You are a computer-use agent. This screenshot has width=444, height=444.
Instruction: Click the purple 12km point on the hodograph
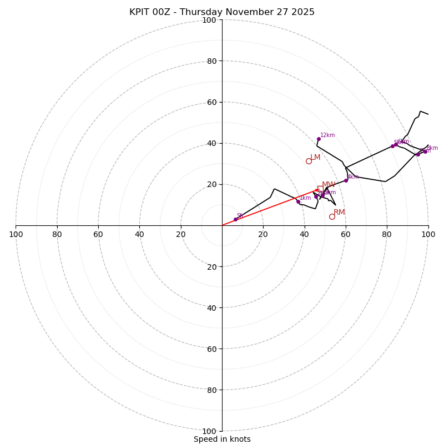click(319, 139)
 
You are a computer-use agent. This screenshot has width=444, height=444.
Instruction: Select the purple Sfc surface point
click(235, 219)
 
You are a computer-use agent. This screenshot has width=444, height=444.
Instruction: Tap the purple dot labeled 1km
click(298, 201)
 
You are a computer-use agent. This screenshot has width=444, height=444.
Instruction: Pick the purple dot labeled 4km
click(346, 180)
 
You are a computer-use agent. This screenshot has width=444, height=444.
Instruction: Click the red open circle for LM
click(309, 161)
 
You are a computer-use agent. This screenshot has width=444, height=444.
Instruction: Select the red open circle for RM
click(332, 216)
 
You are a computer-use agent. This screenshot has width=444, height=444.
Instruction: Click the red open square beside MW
click(320, 189)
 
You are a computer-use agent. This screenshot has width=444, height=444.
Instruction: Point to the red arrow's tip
click(318, 190)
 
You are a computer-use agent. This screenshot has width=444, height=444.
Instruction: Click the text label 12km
click(327, 135)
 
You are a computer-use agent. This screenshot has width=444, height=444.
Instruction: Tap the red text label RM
click(339, 212)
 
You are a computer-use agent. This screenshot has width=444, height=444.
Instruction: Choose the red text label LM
click(315, 157)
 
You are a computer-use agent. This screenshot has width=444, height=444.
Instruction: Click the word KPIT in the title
click(140, 12)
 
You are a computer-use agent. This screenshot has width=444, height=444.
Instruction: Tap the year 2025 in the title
click(304, 12)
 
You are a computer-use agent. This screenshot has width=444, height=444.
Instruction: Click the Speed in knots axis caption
click(222, 439)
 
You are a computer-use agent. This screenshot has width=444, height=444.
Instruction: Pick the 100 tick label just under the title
click(209, 20)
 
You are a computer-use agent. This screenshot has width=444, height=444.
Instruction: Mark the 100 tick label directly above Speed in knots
click(209, 431)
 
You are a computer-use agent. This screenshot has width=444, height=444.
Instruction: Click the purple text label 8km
click(432, 148)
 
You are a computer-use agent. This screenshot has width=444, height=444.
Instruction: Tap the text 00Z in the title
click(164, 12)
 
